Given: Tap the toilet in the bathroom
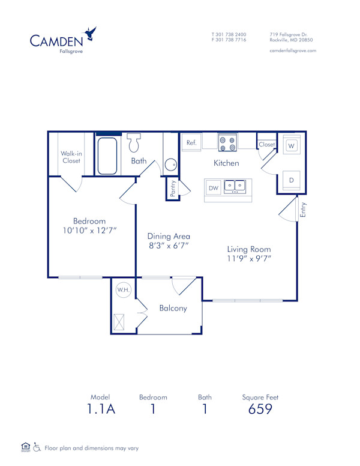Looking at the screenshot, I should point(133,144).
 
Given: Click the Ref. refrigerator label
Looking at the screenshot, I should point(191,143).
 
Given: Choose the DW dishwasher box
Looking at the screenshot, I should point(213,188).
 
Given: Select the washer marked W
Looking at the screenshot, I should point(291,145).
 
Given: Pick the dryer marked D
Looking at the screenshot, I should point(291,180).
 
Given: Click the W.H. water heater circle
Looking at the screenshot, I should point(124,290).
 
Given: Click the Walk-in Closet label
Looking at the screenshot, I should point(71,157).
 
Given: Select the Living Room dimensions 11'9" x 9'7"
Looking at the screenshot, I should point(248,259).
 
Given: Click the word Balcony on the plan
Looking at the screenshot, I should point(173,308).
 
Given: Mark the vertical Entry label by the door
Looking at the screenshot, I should point(304,210).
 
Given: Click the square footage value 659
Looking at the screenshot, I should point(260,410).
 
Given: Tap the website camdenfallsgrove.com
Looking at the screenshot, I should point(293,50).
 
